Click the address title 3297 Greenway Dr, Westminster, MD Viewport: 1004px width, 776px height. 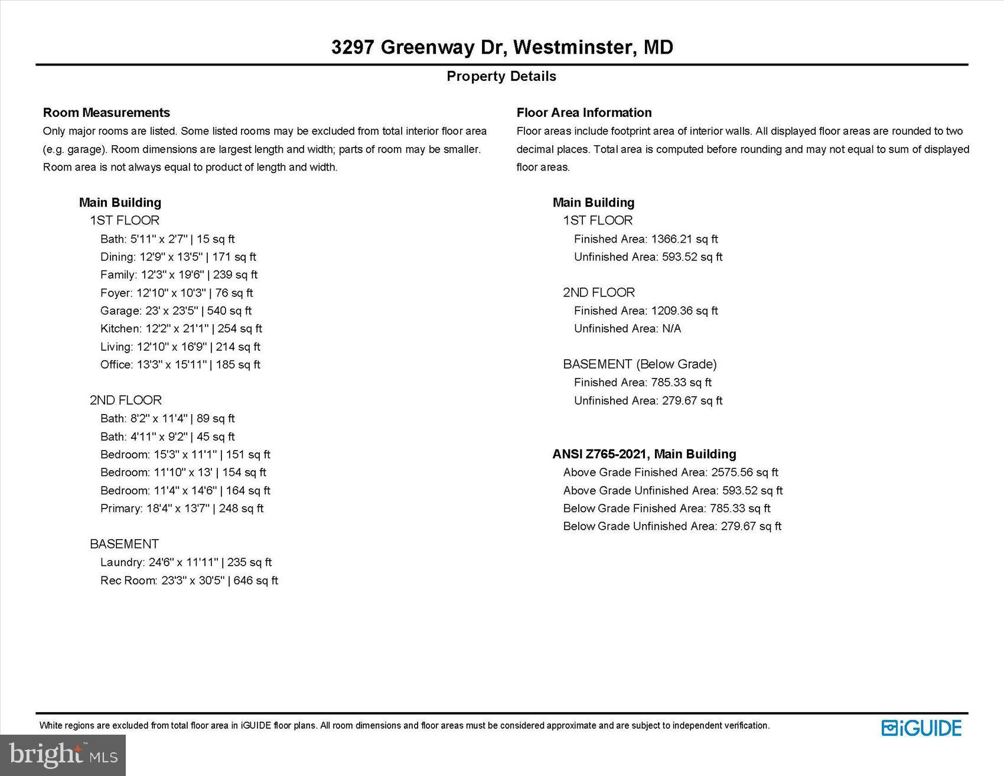coord(502,47)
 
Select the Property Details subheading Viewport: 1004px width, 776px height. coord(501,76)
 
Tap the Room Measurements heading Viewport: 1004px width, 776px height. coord(106,113)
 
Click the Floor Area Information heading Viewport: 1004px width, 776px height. coord(584,113)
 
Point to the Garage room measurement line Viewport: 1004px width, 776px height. coord(176,311)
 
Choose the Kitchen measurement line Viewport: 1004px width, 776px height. coord(181,328)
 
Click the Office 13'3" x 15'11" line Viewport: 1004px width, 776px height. coord(180,364)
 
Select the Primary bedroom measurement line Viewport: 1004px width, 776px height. coord(182,508)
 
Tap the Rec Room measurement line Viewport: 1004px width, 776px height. coord(189,581)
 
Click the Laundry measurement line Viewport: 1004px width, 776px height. coord(186,562)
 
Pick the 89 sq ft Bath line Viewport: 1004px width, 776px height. coord(167,419)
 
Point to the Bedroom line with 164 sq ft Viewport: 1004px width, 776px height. coord(185,491)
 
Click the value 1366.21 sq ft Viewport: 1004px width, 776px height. coord(684,239)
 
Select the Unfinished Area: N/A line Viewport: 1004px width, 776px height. coord(627,329)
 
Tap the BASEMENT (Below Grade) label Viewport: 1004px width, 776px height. coord(640,364)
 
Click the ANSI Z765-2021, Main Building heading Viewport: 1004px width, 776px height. coord(644,454)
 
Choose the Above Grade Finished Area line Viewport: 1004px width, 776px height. coord(670,472)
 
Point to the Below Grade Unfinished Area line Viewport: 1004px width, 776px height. coord(672,526)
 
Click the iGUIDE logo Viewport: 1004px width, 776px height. coord(921,728)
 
